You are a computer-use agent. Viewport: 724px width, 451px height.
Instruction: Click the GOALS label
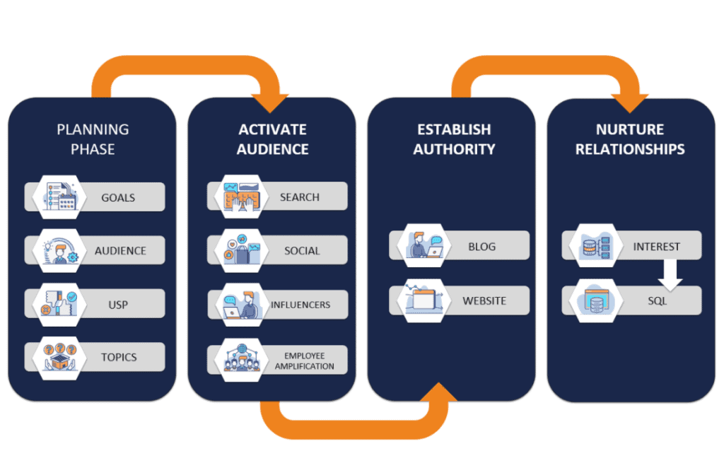click(x=118, y=197)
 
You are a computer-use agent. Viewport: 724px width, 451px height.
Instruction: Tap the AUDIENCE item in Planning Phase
click(x=120, y=251)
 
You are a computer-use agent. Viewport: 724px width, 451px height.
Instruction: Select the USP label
click(x=118, y=305)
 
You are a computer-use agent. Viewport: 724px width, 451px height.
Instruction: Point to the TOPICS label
click(x=119, y=358)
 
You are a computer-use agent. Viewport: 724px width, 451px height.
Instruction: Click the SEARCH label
click(x=300, y=197)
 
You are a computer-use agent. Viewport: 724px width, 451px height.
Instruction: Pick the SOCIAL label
click(x=302, y=251)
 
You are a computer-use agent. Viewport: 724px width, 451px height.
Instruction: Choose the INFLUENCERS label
click(x=300, y=305)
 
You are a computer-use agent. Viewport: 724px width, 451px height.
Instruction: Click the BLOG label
click(x=481, y=247)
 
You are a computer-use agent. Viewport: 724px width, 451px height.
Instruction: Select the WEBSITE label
click(x=484, y=300)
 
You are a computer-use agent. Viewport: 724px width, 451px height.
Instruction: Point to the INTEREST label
click(x=657, y=247)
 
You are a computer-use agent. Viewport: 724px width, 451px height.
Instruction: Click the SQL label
click(x=657, y=301)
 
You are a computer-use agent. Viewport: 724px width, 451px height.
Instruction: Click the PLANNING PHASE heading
click(x=93, y=139)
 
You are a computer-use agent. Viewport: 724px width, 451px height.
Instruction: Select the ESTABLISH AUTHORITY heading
click(x=454, y=139)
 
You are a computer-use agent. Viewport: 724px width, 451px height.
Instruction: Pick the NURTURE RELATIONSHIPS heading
click(x=630, y=139)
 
